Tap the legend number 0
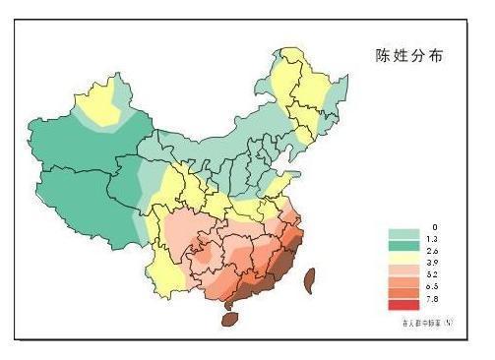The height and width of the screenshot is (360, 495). click(x=432, y=227)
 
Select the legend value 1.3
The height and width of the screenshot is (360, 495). click(x=432, y=240)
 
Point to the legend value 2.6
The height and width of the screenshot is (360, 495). click(x=432, y=253)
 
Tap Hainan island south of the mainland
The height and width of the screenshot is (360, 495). click(x=231, y=318)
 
